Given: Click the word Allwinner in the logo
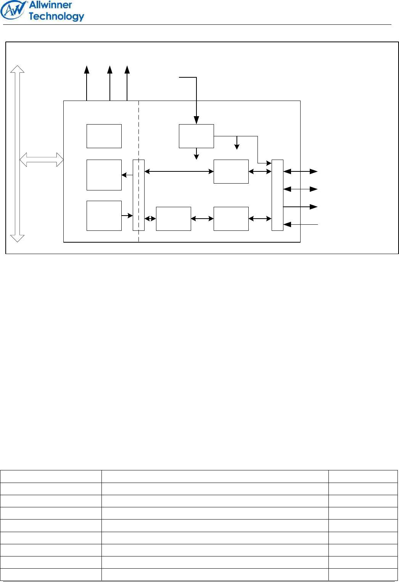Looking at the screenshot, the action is (x=50, y=5).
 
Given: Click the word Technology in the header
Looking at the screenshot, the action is (x=56, y=17).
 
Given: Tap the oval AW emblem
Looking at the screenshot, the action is (x=13, y=10).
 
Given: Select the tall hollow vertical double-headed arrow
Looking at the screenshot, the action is (x=18, y=154).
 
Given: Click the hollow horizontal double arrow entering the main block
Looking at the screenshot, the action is (x=42, y=160).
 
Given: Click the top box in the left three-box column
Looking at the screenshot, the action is (x=104, y=136).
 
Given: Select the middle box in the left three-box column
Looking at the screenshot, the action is (x=104, y=175).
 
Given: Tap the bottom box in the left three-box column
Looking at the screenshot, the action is (x=104, y=216).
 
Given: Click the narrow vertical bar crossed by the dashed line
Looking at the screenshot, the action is (x=139, y=195).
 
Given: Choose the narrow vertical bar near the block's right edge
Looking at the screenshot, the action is (x=277, y=195).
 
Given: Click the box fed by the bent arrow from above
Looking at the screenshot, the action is (x=196, y=136).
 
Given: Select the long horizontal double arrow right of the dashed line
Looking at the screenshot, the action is (x=179, y=171).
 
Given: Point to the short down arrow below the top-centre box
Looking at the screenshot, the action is (x=196, y=154).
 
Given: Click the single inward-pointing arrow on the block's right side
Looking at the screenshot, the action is (x=301, y=224).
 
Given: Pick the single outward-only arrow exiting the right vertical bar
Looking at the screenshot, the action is (x=301, y=207).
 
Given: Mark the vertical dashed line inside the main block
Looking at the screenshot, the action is (x=139, y=171).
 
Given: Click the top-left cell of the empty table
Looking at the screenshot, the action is (x=51, y=476).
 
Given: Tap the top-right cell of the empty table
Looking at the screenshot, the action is (x=363, y=476).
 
